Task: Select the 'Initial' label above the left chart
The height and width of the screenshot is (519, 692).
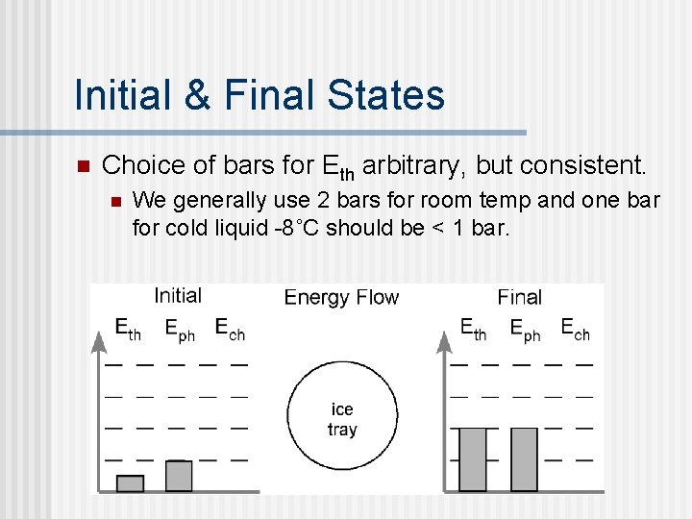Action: tap(178, 296)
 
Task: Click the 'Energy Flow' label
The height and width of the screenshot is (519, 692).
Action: tap(341, 297)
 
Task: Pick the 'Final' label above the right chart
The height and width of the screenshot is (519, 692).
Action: tap(519, 297)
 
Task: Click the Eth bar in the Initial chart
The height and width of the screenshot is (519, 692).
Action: tap(130, 482)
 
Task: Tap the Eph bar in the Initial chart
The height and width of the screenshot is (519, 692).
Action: tap(179, 476)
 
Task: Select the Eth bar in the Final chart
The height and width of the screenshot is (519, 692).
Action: tap(473, 459)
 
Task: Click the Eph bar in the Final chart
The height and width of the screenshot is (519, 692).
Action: tap(524, 459)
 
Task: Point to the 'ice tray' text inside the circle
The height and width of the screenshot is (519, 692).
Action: tap(342, 420)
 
